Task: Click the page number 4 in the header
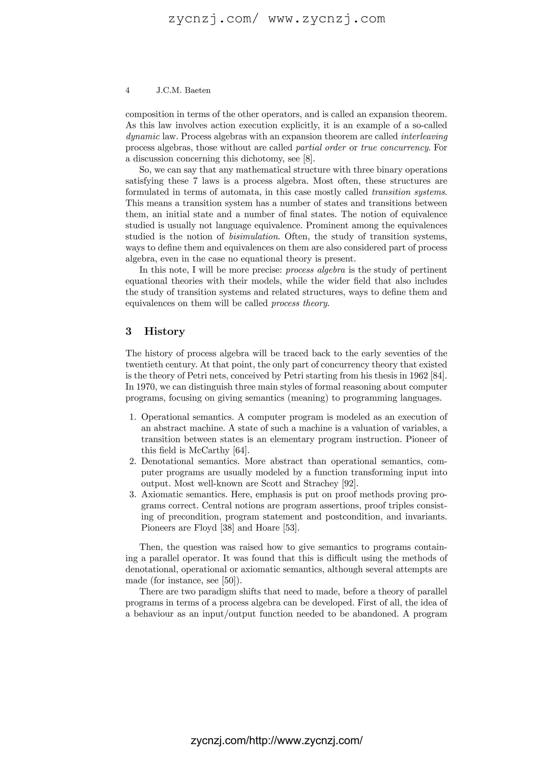[x=128, y=90]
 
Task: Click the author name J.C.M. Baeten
[x=183, y=90]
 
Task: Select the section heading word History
[x=164, y=331]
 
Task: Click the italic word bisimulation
[x=255, y=237]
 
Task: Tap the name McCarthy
[x=209, y=450]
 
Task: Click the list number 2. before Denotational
[x=133, y=462]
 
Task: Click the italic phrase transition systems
[x=409, y=192]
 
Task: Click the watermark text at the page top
[x=277, y=18]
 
